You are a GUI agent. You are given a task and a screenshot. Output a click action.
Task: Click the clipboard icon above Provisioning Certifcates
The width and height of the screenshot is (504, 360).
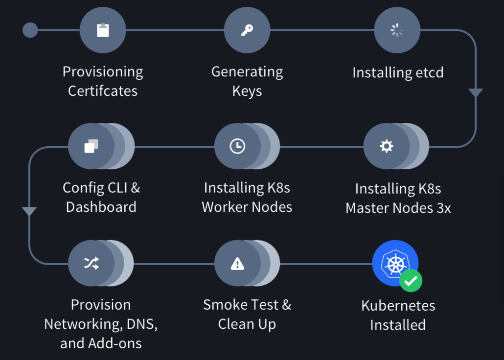point(103,30)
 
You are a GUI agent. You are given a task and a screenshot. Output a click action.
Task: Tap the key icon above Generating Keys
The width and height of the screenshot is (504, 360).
point(247,30)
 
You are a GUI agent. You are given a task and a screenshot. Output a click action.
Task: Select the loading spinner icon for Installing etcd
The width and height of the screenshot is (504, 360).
point(397,30)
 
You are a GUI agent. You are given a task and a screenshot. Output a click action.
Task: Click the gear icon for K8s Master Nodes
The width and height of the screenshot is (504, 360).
point(387,146)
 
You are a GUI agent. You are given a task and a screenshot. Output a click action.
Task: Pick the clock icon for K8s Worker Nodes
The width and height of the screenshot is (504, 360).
point(237,146)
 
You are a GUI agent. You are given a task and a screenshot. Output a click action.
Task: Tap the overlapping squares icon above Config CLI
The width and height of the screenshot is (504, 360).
point(92,146)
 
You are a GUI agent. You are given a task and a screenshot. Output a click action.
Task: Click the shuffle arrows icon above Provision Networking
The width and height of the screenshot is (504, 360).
point(92,264)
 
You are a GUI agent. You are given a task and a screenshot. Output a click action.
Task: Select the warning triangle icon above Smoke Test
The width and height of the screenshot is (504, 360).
point(237,264)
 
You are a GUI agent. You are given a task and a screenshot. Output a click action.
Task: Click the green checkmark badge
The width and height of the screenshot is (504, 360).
point(411,280)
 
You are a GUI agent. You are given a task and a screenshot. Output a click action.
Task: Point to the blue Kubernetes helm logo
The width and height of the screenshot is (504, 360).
point(394,263)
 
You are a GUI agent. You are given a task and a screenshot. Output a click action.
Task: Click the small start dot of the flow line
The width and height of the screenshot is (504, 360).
point(30,30)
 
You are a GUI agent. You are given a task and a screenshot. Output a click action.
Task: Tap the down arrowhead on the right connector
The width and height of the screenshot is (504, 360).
point(476,93)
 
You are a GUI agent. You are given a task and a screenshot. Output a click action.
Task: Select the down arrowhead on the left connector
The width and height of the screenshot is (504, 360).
point(29,211)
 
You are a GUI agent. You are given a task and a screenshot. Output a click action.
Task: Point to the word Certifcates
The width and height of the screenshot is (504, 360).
point(103,91)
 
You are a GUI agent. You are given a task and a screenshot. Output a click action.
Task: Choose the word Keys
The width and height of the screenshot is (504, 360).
point(247,91)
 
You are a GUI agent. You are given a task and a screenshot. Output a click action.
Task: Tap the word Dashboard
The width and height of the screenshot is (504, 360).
point(101,207)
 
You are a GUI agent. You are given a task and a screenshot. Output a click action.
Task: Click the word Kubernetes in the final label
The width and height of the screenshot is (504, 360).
point(398,306)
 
